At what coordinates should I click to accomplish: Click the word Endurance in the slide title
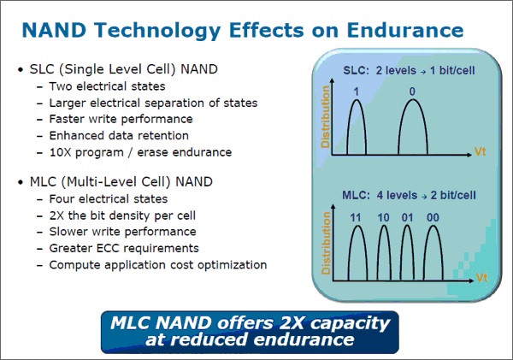click(x=405, y=30)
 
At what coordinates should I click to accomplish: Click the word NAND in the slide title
click(x=54, y=30)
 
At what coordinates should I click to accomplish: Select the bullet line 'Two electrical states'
click(x=108, y=86)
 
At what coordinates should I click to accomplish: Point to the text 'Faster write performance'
click(x=121, y=119)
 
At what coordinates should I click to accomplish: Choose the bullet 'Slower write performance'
click(x=122, y=232)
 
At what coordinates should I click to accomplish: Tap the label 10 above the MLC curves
click(x=383, y=218)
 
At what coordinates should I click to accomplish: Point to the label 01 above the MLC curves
click(x=407, y=218)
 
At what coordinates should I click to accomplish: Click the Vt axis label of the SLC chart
click(x=480, y=152)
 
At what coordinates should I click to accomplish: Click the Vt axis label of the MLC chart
click(x=482, y=278)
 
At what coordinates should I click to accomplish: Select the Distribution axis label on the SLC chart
click(x=325, y=117)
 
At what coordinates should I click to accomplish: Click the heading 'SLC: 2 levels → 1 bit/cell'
click(x=409, y=70)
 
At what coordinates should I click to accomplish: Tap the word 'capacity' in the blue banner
click(x=350, y=323)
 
